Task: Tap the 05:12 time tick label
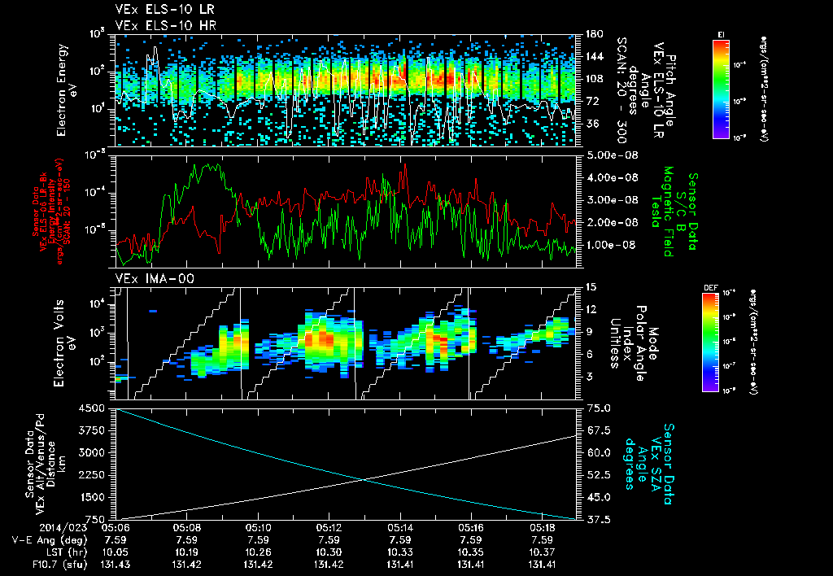pyautogui.click(x=329, y=527)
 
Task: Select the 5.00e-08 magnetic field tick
pyautogui.click(x=609, y=155)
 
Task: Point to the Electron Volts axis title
pyautogui.click(x=62, y=338)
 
